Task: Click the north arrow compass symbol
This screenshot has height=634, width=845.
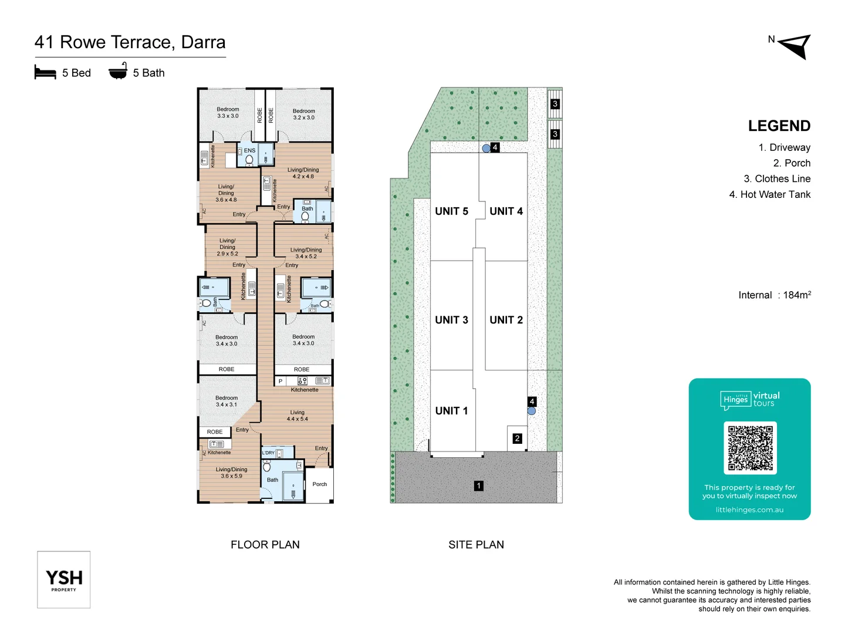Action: (796, 46)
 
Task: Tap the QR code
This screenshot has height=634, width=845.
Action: (750, 448)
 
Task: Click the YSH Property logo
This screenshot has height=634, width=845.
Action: (64, 579)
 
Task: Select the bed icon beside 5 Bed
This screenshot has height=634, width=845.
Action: (45, 73)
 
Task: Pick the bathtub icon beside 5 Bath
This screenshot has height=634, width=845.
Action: (118, 72)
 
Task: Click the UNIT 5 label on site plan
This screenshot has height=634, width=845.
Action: (451, 211)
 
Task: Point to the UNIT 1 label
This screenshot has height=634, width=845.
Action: (451, 411)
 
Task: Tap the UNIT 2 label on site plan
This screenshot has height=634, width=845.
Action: (506, 320)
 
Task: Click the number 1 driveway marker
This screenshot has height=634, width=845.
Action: (479, 485)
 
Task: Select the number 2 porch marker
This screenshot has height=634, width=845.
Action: (517, 439)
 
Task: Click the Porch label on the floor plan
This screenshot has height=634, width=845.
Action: (320, 484)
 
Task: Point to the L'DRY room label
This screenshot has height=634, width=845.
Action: (268, 453)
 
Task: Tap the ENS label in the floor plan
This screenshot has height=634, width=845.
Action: (249, 151)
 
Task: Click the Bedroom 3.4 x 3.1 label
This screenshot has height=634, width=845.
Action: (227, 401)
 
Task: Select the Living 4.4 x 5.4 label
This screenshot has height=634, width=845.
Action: (298, 416)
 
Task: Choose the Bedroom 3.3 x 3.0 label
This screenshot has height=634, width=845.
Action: (228, 113)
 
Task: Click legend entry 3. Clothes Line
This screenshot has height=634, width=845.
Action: (777, 179)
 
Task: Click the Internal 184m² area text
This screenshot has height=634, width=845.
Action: (774, 295)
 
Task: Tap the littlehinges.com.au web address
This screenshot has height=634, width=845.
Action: (749, 510)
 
